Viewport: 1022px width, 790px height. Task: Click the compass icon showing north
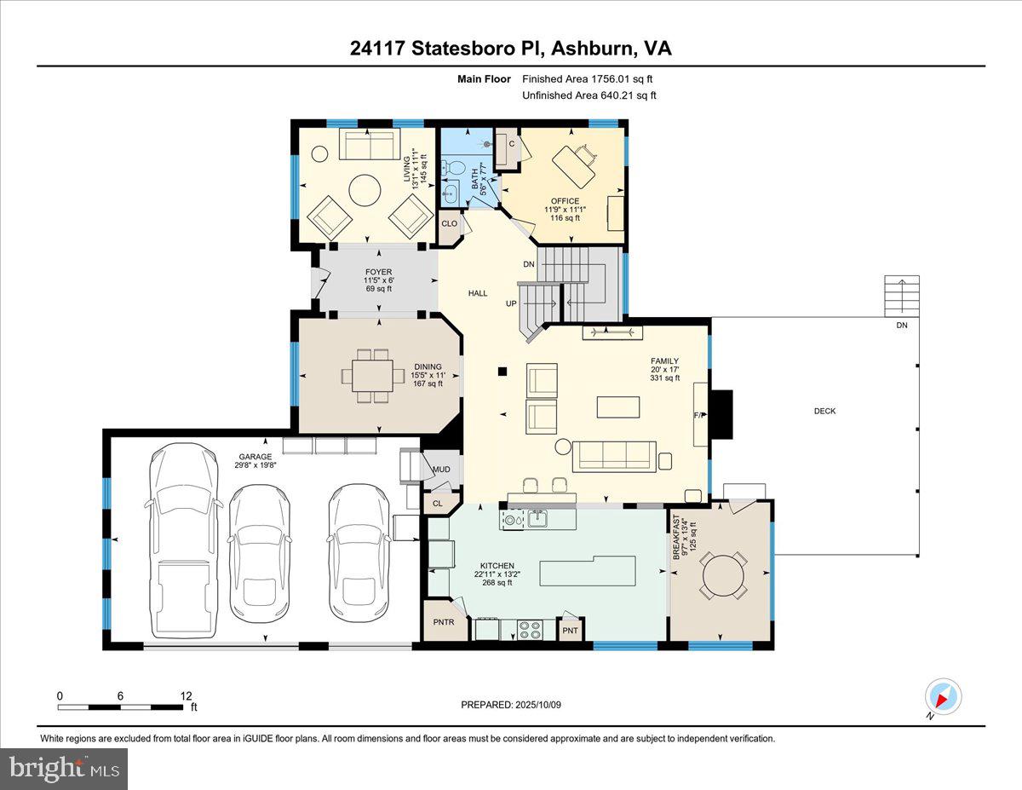[x=943, y=696]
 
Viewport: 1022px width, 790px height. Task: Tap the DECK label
[x=824, y=411]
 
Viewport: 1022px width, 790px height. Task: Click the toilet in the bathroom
[x=455, y=166]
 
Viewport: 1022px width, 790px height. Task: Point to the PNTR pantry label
[x=444, y=622]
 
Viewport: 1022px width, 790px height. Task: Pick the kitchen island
[x=588, y=571]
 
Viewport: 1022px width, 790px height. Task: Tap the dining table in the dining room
[x=373, y=375]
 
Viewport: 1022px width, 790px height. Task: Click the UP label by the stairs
[x=511, y=303]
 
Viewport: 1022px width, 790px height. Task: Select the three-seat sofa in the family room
[x=614, y=456]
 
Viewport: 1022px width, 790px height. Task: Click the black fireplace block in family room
[x=721, y=413]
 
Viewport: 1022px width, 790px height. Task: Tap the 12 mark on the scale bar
[x=187, y=695]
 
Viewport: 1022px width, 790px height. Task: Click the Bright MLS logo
[x=65, y=769]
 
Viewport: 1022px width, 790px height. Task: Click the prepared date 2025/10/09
[x=512, y=705]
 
